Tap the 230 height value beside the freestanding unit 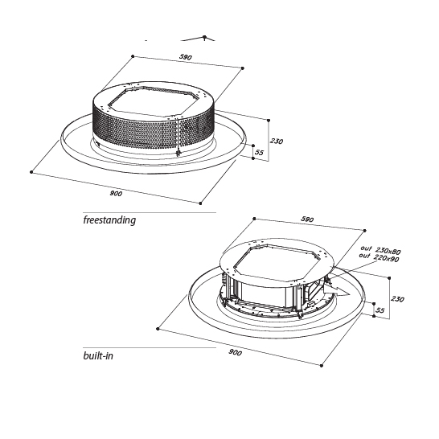pyautogui.click(x=276, y=142)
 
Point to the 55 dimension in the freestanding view pyautogui.click(x=259, y=151)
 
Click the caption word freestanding pyautogui.click(x=109, y=219)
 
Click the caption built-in pyautogui.click(x=98, y=355)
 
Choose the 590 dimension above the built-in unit pyautogui.click(x=306, y=219)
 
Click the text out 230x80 pyautogui.click(x=380, y=252)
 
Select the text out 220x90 pyautogui.click(x=380, y=259)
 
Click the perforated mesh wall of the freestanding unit pyautogui.click(x=137, y=129)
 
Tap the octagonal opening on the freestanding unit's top pyautogui.click(x=154, y=100)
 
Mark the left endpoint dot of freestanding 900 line pyautogui.click(x=31, y=171)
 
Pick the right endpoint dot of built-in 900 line pyautogui.click(x=322, y=366)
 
